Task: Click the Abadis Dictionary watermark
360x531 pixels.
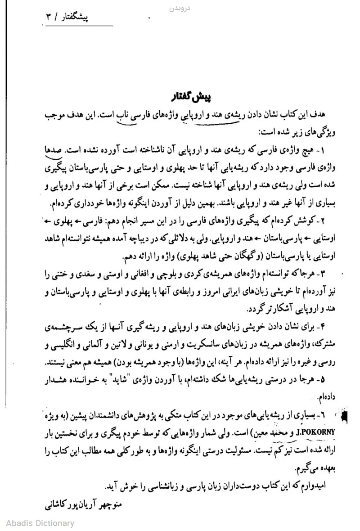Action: [x=40, y=523]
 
